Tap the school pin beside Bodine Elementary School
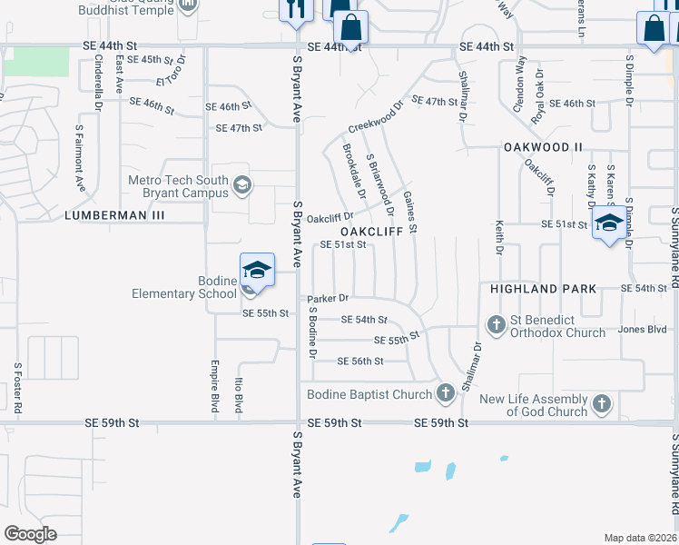click(x=258, y=271)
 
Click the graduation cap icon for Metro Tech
click(x=242, y=187)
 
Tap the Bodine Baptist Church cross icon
click(x=445, y=393)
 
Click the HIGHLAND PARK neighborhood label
click(x=543, y=289)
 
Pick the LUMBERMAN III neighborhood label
click(x=114, y=215)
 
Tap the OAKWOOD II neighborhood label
click(x=543, y=146)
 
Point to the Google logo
click(x=30, y=534)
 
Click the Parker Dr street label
click(x=328, y=298)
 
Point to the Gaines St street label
click(x=409, y=213)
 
